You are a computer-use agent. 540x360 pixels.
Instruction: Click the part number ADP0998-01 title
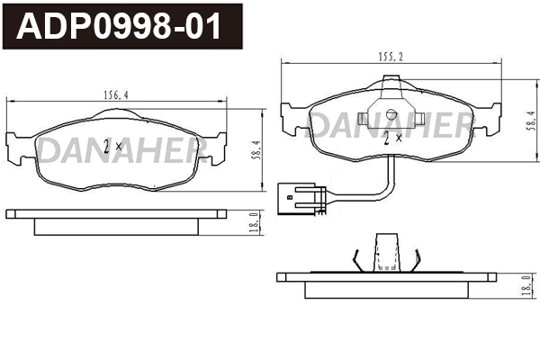click(x=121, y=27)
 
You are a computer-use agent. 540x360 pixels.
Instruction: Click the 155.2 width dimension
click(x=389, y=56)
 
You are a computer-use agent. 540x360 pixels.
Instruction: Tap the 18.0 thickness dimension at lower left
click(x=255, y=221)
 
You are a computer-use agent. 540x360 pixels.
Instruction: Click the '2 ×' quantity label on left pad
click(x=112, y=146)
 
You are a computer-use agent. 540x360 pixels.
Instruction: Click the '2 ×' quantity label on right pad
click(x=392, y=139)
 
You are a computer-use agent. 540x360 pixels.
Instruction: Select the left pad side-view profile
click(x=117, y=220)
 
